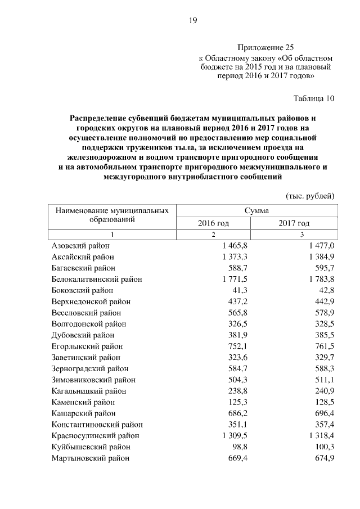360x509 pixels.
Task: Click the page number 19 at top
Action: [192, 20]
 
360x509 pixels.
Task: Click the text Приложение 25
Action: [265, 48]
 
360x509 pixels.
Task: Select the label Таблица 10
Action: [314, 98]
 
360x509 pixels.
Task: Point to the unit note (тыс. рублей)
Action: [310, 196]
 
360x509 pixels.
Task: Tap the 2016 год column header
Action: [213, 223]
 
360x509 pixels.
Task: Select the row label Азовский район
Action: [80, 246]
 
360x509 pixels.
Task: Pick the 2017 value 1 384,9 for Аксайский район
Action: [322, 257]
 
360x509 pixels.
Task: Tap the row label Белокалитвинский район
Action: [97, 279]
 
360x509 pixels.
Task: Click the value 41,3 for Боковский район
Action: [241, 290]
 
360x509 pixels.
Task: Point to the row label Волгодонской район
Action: [89, 324]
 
